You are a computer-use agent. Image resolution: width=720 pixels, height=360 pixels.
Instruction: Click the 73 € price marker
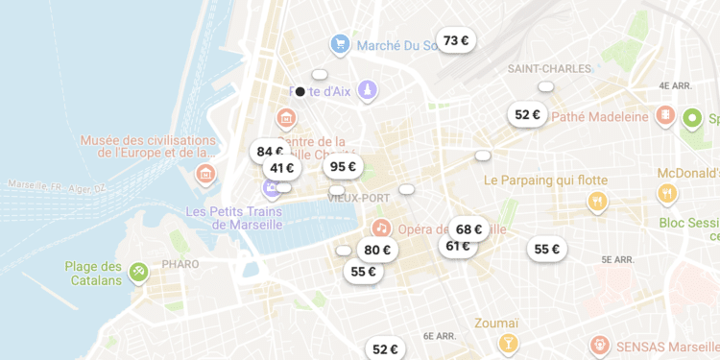(x=456, y=40)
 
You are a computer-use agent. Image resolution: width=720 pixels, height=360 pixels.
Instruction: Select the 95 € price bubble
(x=343, y=166)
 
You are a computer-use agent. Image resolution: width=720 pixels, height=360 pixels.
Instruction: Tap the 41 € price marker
(x=282, y=168)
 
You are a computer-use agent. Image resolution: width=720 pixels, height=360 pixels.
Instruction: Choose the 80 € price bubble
(x=377, y=250)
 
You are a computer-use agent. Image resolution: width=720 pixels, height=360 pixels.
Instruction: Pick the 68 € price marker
(x=468, y=229)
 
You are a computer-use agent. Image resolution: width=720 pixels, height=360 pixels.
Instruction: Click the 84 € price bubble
(x=268, y=151)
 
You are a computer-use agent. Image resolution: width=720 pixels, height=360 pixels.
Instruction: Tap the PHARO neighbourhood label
(x=180, y=264)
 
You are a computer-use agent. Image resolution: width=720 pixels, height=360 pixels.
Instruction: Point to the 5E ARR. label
(x=619, y=259)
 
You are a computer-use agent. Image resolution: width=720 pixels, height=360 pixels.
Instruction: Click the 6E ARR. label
(x=440, y=336)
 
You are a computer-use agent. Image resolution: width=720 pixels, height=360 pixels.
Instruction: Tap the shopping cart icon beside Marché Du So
(x=339, y=44)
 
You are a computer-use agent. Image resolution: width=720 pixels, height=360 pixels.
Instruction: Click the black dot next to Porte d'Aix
(x=300, y=92)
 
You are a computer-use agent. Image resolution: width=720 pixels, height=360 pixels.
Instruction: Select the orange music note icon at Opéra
(x=381, y=228)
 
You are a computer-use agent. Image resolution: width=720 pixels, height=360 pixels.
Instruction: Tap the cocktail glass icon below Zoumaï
(x=508, y=343)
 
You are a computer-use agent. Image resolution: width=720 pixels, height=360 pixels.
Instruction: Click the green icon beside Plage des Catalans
(x=139, y=273)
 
